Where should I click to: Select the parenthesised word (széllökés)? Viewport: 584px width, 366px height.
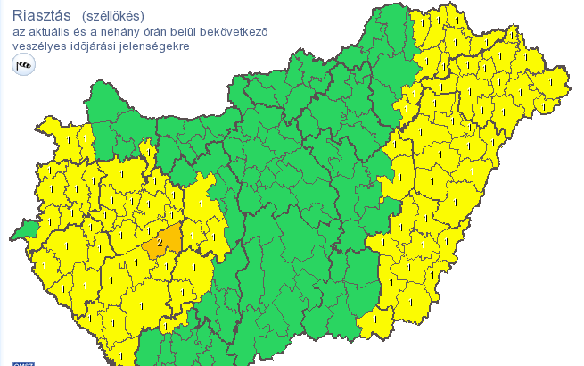coord(112,16)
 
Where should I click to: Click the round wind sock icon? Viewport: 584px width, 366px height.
coord(24,64)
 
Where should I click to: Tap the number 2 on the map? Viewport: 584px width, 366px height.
coord(160,241)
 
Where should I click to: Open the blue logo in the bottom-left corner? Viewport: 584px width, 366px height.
coord(24,362)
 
